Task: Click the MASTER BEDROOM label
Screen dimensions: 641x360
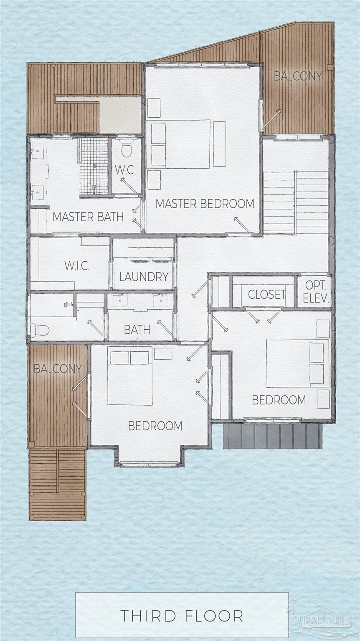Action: click(x=205, y=204)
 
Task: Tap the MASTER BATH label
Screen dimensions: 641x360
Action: click(x=88, y=217)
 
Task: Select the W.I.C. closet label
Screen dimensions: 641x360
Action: click(x=77, y=266)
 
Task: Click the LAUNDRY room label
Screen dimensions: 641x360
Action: click(x=144, y=277)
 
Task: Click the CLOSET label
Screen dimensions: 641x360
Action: click(x=266, y=294)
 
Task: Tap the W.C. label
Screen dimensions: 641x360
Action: click(x=125, y=170)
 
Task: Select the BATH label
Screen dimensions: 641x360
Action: click(x=137, y=330)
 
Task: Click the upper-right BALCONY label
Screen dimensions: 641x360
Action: click(x=298, y=76)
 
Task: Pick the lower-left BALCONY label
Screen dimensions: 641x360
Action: click(x=58, y=369)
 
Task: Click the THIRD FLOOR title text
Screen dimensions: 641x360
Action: click(x=182, y=616)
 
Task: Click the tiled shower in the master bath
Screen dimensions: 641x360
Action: click(x=95, y=166)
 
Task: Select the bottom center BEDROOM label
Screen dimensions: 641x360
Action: click(x=155, y=426)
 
